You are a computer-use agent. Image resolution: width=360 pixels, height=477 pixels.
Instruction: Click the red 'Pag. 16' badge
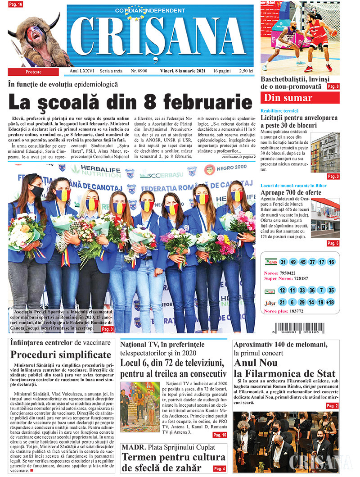tap(17, 4)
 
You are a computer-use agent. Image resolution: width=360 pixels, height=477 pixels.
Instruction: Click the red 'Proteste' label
tap(33, 72)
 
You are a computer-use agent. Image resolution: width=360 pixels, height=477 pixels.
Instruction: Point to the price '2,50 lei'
tap(244, 71)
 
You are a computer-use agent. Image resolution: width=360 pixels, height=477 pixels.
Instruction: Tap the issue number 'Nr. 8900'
tap(140, 71)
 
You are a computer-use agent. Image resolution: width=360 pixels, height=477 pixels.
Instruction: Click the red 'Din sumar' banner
tap(300, 98)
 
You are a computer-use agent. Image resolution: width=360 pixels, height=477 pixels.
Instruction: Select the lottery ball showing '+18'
tap(331, 303)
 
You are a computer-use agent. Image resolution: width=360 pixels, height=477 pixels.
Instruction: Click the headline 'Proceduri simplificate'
tap(61, 354)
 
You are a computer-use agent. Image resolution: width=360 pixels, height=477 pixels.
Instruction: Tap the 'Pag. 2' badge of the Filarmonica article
tap(332, 406)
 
